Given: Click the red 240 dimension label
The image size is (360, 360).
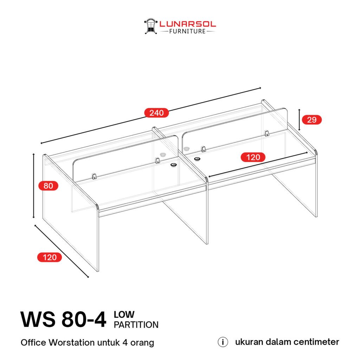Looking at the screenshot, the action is coord(156,113).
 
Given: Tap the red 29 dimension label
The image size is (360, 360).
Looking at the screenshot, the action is coord(311,120).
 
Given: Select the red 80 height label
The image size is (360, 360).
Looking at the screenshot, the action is coord(48,186).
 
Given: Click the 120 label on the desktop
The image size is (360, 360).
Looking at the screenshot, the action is coord(253,157).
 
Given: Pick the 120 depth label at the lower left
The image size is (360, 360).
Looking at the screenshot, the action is coord(50,257).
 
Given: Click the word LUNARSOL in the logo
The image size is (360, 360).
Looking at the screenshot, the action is coord(188,24).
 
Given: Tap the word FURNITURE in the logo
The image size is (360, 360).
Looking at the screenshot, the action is coord(187,31).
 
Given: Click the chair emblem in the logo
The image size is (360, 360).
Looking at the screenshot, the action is coord(150,26).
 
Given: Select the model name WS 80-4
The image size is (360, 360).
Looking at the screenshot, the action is coord(63,319).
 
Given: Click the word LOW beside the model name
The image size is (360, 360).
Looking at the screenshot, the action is coord(124,315).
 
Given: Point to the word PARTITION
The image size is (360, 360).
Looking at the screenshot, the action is coord(136,324).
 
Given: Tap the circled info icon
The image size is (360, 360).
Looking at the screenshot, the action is coord(223,342).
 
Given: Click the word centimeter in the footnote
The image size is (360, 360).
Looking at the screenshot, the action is coord(316,342).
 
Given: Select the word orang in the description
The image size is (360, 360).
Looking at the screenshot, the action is coord(142,343).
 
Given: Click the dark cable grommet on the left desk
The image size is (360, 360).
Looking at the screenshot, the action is coord(173,165).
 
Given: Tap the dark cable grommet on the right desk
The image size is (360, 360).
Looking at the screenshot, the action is coord(197,159).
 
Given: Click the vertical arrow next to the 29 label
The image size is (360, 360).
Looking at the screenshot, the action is coord(299,120).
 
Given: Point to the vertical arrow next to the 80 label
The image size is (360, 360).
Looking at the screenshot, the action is coord(33,186).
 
